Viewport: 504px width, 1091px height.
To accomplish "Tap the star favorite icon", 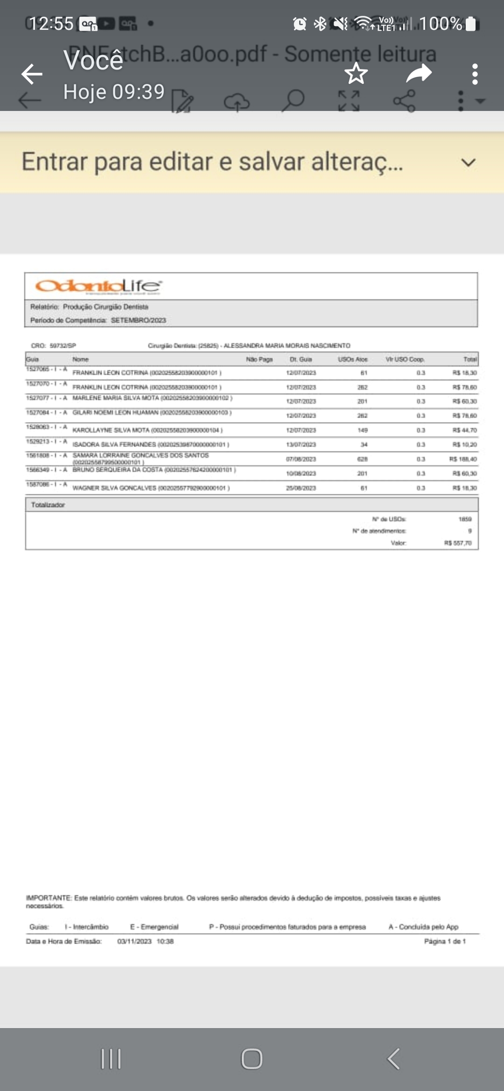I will click(356, 73).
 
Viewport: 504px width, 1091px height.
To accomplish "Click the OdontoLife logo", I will click(98, 286).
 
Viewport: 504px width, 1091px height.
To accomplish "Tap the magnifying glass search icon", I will click(293, 100).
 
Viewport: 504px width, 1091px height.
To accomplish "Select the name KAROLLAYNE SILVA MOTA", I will click(111, 430).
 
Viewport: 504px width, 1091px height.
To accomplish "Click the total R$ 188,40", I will click(463, 459).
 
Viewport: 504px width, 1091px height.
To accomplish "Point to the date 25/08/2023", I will click(301, 488).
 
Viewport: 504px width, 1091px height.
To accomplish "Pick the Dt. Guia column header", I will click(301, 359).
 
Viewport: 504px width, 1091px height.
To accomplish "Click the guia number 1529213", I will click(37, 441).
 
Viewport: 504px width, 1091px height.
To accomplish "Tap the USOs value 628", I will click(363, 459).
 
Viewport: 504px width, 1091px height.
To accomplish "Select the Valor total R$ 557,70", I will click(458, 543).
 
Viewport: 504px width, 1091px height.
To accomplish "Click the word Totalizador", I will click(48, 505).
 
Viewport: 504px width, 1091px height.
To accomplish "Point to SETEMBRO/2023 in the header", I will click(138, 320).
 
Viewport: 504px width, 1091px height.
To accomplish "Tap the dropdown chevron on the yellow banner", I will click(468, 163).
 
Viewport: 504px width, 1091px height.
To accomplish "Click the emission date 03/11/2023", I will click(134, 941).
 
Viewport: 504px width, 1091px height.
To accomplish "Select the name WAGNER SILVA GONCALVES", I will click(114, 488).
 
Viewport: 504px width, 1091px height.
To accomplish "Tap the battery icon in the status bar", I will click(471, 24).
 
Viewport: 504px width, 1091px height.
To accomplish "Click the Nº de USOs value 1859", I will click(465, 519).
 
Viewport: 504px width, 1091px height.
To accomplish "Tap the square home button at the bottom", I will click(252, 1058).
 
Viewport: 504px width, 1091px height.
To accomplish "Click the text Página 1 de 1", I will click(445, 941).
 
